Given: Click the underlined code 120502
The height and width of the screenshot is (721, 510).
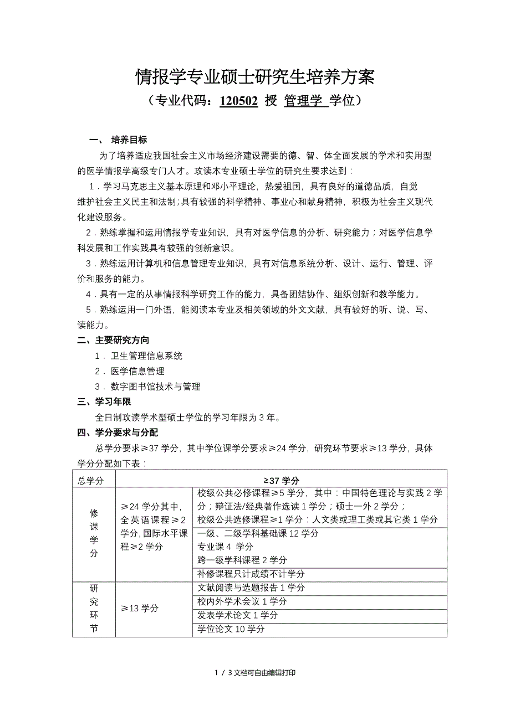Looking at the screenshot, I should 238,101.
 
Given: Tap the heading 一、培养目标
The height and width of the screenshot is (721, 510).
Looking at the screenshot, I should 118,140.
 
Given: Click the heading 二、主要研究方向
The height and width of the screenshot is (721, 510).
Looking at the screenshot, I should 113,341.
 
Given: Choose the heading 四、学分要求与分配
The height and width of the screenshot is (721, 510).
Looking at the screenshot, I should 118,432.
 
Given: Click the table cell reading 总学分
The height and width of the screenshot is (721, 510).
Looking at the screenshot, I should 91,481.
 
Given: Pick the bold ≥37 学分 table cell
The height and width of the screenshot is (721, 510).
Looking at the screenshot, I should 281,481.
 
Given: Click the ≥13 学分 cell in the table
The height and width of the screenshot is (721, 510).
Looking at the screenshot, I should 140,608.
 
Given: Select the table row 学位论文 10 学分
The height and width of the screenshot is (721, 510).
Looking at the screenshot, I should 231,629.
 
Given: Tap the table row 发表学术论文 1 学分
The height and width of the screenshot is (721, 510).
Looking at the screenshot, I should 238,615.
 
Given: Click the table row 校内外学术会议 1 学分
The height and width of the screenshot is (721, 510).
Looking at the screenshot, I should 242,601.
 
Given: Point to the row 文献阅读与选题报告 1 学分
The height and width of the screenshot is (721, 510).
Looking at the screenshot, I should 251,588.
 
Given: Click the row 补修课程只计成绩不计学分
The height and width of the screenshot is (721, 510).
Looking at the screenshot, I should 251,574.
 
